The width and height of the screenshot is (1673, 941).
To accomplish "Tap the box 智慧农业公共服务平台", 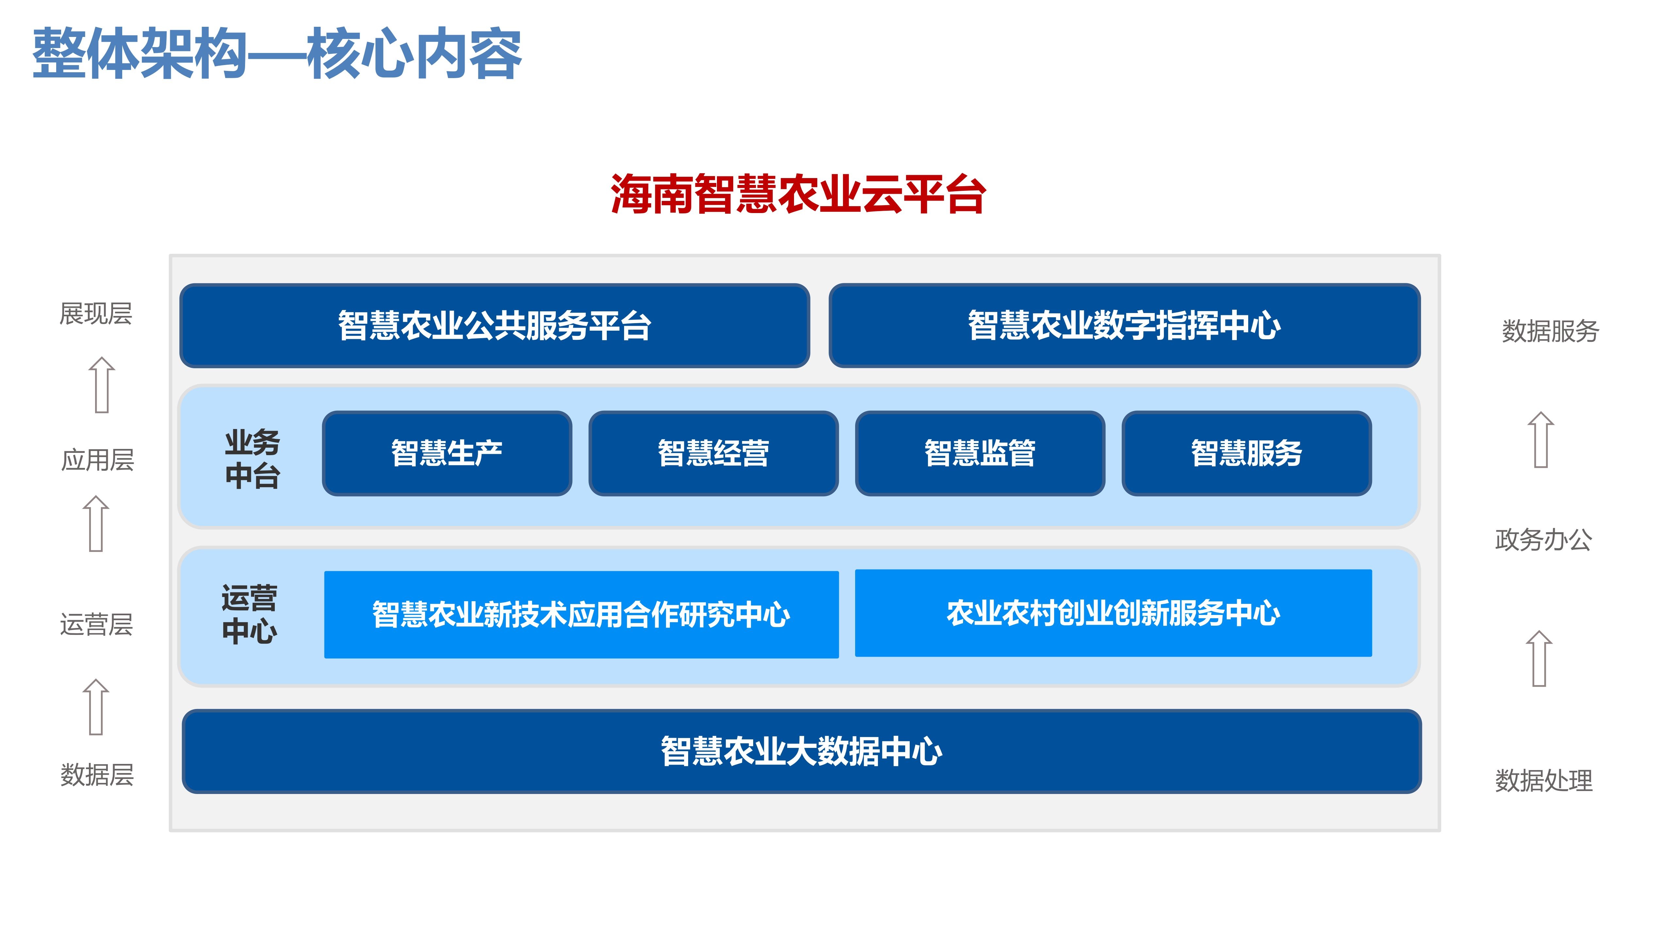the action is [x=495, y=325].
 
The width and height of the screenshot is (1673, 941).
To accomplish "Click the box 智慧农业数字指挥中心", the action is [x=1124, y=325].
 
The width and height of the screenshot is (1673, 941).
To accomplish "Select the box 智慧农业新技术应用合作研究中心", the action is [x=581, y=614].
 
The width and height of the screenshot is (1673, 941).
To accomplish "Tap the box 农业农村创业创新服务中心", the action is [x=1113, y=613].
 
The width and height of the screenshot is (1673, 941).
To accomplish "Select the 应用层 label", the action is [x=97, y=460].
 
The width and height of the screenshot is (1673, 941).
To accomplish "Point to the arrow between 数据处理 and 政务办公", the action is [x=1539, y=658].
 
